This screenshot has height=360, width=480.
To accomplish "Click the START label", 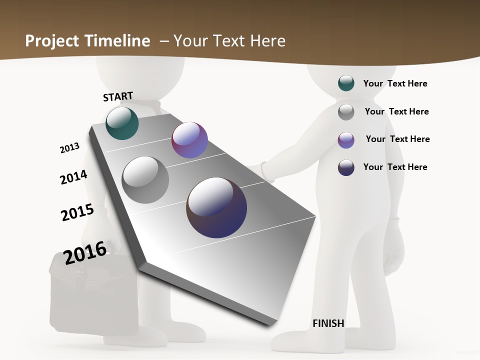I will [118, 96].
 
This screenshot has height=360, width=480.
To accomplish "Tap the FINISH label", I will [328, 323].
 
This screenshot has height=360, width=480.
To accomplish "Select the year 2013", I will [69, 148].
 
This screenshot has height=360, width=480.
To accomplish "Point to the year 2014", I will [73, 177].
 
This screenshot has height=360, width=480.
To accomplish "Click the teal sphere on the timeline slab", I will [122, 123].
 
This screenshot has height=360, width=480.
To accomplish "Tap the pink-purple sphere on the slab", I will [189, 140].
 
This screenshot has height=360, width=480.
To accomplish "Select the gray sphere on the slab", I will [145, 180].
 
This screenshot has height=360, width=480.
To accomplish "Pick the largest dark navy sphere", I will [216, 207].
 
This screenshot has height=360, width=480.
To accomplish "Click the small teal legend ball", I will [346, 83].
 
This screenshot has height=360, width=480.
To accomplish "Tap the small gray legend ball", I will [346, 112].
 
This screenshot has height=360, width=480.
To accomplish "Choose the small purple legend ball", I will [346, 140].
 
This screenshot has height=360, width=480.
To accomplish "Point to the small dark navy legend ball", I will [346, 167].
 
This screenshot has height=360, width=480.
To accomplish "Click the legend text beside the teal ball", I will [395, 83].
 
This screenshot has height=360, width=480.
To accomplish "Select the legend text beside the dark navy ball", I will [395, 167].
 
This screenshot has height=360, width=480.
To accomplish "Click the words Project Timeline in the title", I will [87, 40].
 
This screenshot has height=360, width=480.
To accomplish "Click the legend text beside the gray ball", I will [396, 111].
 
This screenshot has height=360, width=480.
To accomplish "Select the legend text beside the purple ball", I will [397, 139].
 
